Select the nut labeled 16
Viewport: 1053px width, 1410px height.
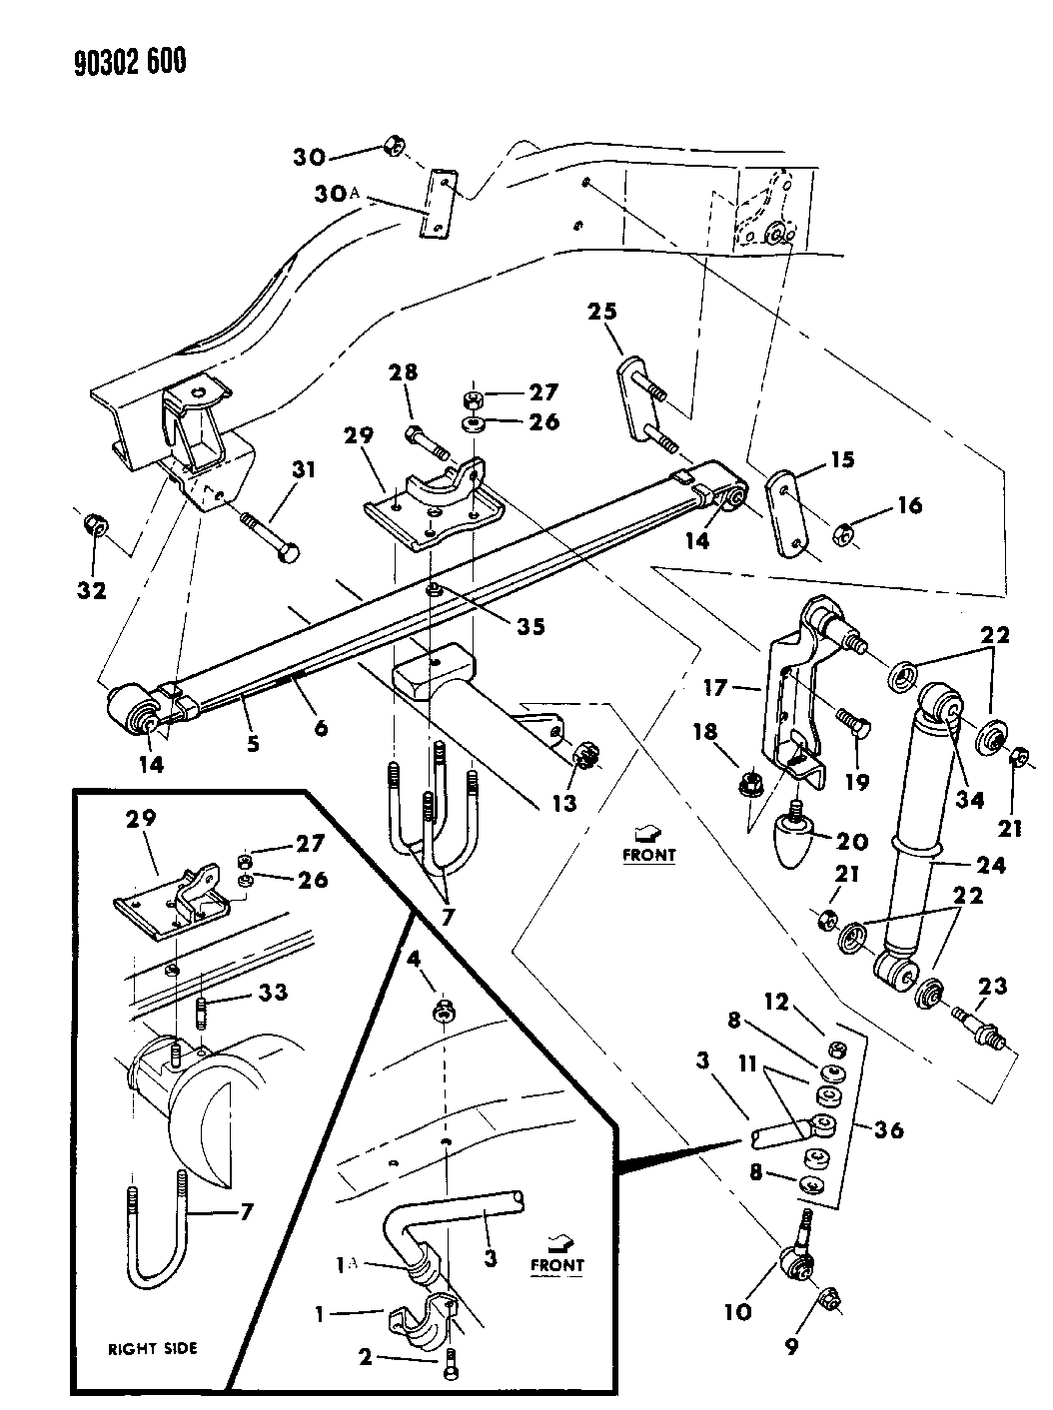[x=843, y=535]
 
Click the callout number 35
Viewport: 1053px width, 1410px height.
[x=530, y=626]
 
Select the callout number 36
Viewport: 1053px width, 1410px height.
[x=887, y=1129]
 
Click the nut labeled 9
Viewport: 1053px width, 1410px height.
[x=828, y=1298]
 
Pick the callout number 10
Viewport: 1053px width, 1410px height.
[x=736, y=1311]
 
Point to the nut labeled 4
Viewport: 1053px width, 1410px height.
[x=443, y=1015]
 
